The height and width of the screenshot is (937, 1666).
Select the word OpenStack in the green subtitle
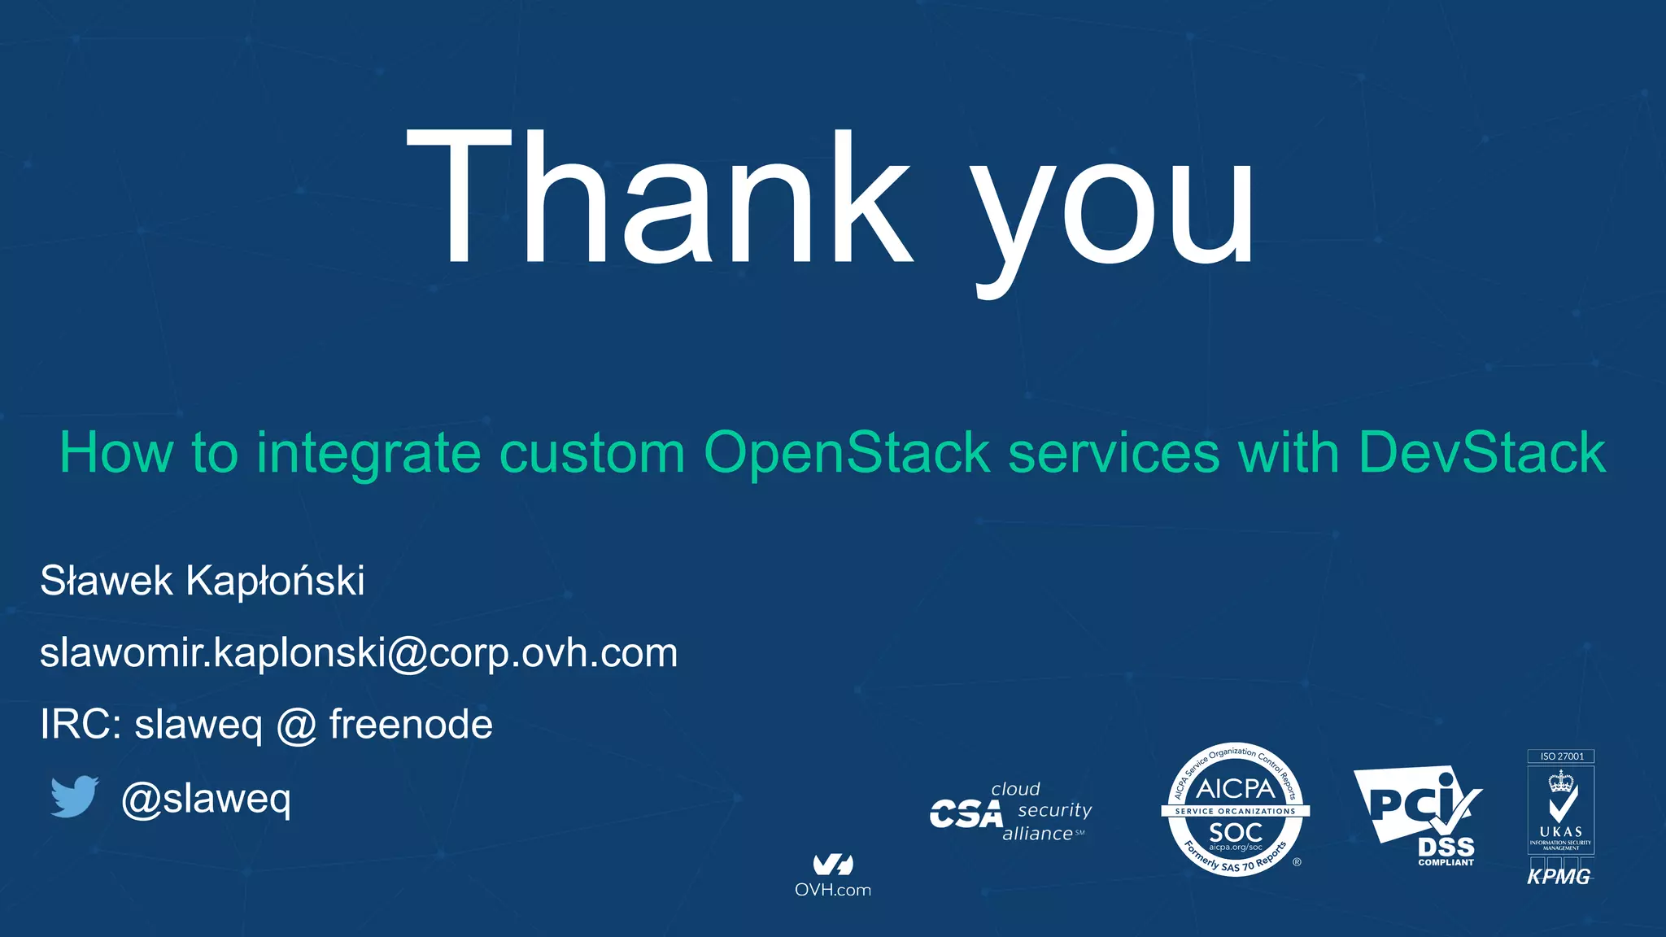pos(847,452)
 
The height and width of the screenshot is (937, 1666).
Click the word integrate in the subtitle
pos(369,454)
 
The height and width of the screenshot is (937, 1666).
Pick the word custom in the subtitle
pos(592,454)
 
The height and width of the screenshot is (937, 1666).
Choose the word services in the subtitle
pos(1114,452)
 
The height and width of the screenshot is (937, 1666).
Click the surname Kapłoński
pos(275,582)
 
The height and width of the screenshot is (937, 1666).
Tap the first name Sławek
pos(107,582)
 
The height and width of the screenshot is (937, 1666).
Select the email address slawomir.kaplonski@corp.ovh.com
pos(359,653)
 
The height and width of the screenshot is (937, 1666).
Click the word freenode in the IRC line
pos(411,725)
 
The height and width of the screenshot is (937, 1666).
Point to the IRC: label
pos(81,725)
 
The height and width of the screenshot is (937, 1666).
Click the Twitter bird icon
pos(74,796)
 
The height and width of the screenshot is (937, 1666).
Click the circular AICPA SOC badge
pos(1235,810)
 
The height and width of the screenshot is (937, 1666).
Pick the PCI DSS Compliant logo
pos(1420,816)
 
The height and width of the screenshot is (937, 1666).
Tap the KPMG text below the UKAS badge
pos(1559,877)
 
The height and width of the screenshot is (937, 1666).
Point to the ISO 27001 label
pos(1561,756)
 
